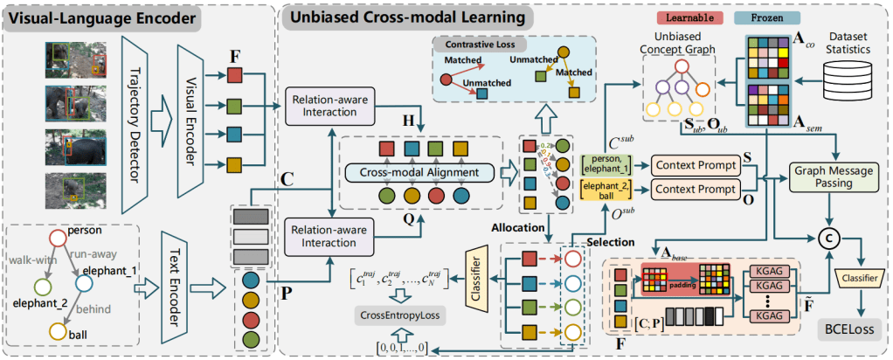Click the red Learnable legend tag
coord(690,18)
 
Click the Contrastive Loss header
coord(473,42)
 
